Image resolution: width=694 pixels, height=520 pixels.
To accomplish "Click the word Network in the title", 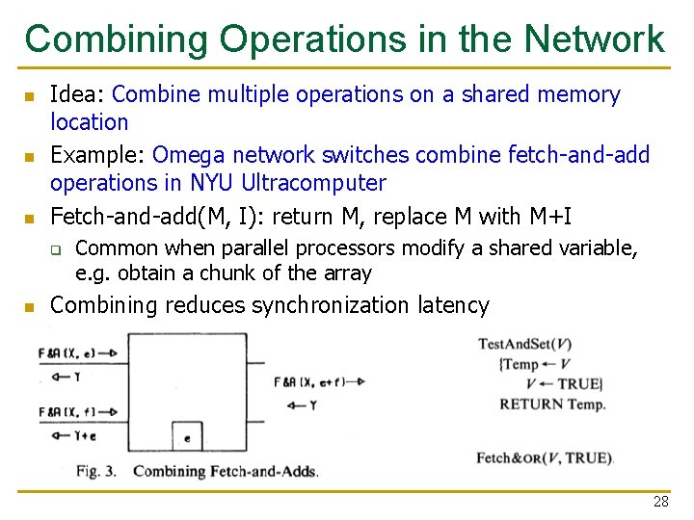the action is [x=595, y=39].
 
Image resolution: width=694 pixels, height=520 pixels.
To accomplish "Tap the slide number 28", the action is [x=660, y=502].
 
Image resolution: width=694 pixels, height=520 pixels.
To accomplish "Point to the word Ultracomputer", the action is [x=313, y=183].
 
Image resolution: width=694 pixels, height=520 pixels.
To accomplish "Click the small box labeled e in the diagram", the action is [x=186, y=436].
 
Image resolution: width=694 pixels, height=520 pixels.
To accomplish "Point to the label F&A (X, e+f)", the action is [x=311, y=381].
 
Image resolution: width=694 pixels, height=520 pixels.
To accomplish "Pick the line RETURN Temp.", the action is [x=552, y=404].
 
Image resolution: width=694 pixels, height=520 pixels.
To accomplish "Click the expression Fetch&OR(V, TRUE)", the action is [x=545, y=458].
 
